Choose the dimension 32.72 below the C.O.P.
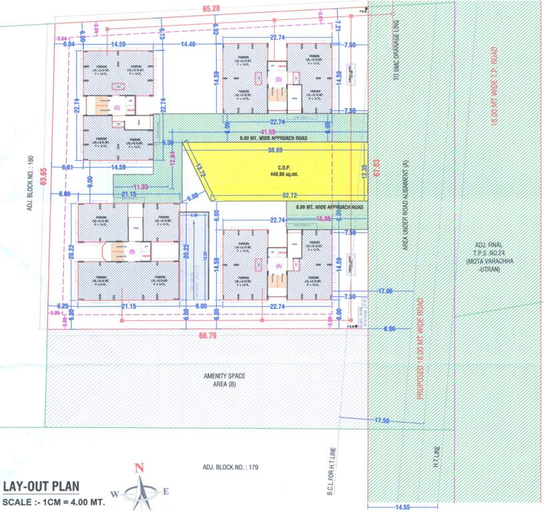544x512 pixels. [289, 194]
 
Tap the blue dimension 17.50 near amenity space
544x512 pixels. [381, 421]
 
